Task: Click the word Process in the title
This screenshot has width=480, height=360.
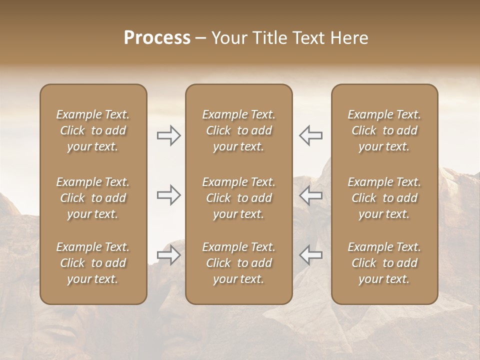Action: point(157,38)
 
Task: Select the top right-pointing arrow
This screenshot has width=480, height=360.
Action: point(169,135)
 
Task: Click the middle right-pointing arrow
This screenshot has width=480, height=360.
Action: point(169,194)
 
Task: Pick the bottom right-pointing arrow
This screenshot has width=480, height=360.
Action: point(169,255)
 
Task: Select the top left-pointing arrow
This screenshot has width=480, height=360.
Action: point(310,135)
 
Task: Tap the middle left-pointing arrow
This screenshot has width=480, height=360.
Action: point(310,194)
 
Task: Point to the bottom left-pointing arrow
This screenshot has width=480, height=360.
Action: point(310,255)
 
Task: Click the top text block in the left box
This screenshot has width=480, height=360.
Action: point(93,130)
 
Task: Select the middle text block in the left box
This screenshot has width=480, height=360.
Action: point(93,198)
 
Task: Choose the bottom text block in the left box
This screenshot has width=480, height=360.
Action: point(93,263)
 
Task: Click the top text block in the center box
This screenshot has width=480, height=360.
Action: point(239,130)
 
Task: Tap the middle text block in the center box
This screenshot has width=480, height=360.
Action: point(239,198)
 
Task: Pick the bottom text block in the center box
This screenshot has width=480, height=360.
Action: point(239,263)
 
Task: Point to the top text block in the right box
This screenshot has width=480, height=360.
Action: point(384,130)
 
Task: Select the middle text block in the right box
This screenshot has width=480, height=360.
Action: point(384,198)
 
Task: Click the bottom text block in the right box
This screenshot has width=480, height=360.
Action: point(384,263)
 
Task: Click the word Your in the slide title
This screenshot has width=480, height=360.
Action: point(229,38)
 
